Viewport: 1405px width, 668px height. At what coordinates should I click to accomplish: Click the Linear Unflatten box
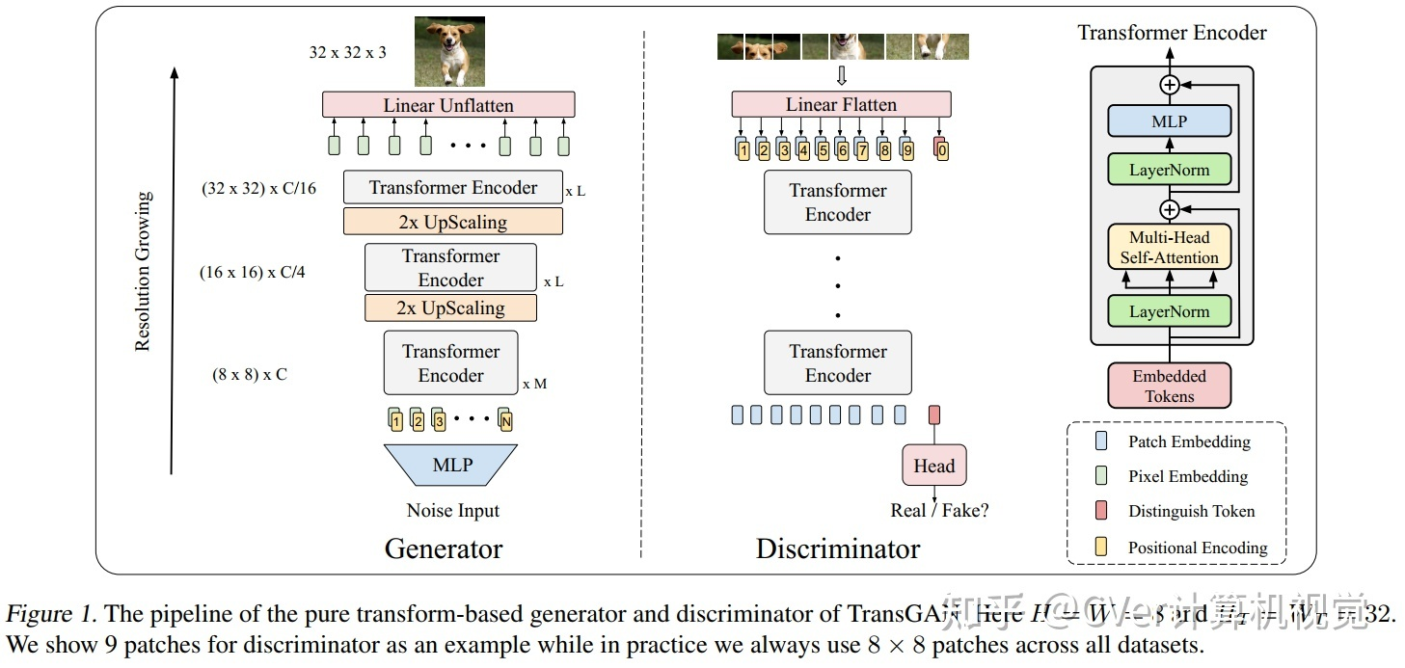tap(448, 105)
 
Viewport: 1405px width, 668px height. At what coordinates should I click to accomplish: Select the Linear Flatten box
tap(841, 104)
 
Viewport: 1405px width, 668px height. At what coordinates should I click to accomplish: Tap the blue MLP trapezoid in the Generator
tap(451, 465)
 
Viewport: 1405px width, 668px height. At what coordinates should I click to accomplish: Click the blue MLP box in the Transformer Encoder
tap(1169, 122)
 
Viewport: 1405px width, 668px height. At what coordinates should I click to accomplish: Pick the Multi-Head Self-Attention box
tap(1169, 247)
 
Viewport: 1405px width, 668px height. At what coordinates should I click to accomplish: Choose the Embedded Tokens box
tap(1169, 386)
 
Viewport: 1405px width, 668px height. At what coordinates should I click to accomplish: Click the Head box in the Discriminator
tap(933, 467)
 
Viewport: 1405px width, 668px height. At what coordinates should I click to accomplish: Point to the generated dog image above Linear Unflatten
tap(448, 52)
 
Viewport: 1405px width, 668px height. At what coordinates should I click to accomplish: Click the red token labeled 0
tap(941, 149)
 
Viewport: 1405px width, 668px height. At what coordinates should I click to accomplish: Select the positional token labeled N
tap(505, 420)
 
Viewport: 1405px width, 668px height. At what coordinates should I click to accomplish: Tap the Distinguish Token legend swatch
tap(1102, 511)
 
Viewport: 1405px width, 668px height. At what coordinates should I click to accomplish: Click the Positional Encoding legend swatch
tap(1102, 547)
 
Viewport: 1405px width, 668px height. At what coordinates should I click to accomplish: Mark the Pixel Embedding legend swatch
tap(1102, 476)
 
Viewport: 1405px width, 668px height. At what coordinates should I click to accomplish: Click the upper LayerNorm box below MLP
tap(1169, 171)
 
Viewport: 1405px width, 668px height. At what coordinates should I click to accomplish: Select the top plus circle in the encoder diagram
tap(1169, 85)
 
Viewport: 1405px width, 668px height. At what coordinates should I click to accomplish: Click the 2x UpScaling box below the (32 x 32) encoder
tap(452, 222)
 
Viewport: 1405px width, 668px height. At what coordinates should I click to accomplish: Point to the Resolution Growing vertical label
tap(143, 271)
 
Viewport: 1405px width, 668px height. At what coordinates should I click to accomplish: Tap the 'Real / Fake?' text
tap(939, 511)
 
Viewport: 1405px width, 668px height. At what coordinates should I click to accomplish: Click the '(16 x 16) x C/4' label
tap(253, 273)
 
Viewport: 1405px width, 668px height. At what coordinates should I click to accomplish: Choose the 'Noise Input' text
tap(452, 511)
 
